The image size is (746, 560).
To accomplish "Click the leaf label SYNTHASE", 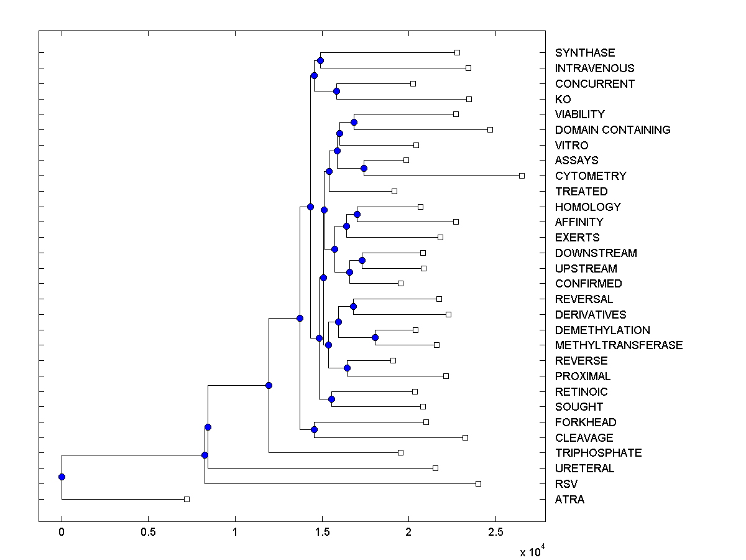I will tap(585, 53).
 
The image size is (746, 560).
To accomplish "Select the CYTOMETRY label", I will tap(591, 176).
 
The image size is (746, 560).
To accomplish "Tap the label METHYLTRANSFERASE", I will tap(619, 345).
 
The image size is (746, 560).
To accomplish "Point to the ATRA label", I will tap(569, 500).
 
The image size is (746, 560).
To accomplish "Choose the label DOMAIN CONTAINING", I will tap(612, 130).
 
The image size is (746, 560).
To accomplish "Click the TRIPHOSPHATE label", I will tap(598, 453).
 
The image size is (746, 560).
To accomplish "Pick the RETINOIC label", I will tap(581, 392).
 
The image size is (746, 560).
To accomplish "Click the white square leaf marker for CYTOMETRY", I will tap(522, 175).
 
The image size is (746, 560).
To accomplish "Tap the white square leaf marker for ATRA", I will tap(186, 499).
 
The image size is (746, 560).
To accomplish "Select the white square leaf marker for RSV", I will tap(478, 483).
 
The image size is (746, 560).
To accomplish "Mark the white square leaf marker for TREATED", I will tap(394, 191).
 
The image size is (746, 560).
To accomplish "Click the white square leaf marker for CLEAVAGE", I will tap(465, 437).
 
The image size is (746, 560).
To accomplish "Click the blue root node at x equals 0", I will tap(62, 477).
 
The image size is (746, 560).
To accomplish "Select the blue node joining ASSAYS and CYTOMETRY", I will tap(364, 168).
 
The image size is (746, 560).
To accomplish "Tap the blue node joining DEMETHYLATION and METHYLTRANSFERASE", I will tap(375, 337).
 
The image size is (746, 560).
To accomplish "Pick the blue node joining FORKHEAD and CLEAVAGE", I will tap(314, 429).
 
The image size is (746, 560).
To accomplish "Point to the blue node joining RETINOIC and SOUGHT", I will tap(332, 399).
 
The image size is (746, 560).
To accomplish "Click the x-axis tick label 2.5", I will tap(495, 533).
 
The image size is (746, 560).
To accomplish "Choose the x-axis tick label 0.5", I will tap(148, 533).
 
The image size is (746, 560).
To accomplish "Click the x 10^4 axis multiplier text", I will tap(532, 551).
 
